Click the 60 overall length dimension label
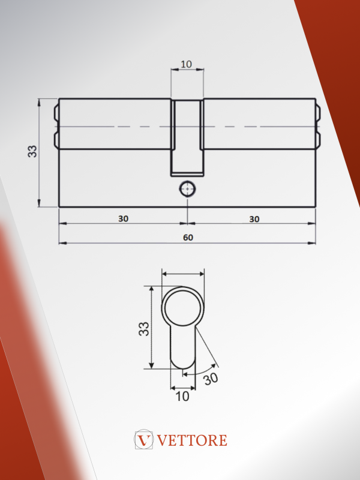pos(188,238)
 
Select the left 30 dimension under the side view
pos(124,218)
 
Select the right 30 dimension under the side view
pos(254,219)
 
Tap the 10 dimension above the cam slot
pos(186,64)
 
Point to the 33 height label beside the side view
pos(32,151)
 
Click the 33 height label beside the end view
pos(144,329)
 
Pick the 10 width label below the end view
pos(182,397)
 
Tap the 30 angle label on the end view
pos(211,379)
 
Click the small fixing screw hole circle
pos(187,189)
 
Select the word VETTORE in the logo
pos(192,440)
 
